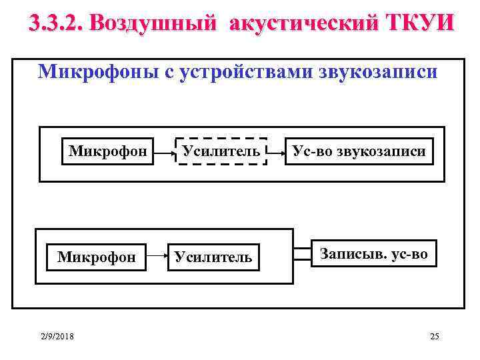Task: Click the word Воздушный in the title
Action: coord(153,23)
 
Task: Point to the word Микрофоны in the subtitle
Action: coord(96,71)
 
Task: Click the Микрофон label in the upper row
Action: coord(107,151)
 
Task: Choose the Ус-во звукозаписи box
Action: coord(359,151)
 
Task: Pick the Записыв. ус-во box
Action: coord(373,253)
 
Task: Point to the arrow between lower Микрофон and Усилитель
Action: coord(156,254)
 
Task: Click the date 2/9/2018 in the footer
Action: coord(57,336)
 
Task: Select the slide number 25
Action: coord(435,336)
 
